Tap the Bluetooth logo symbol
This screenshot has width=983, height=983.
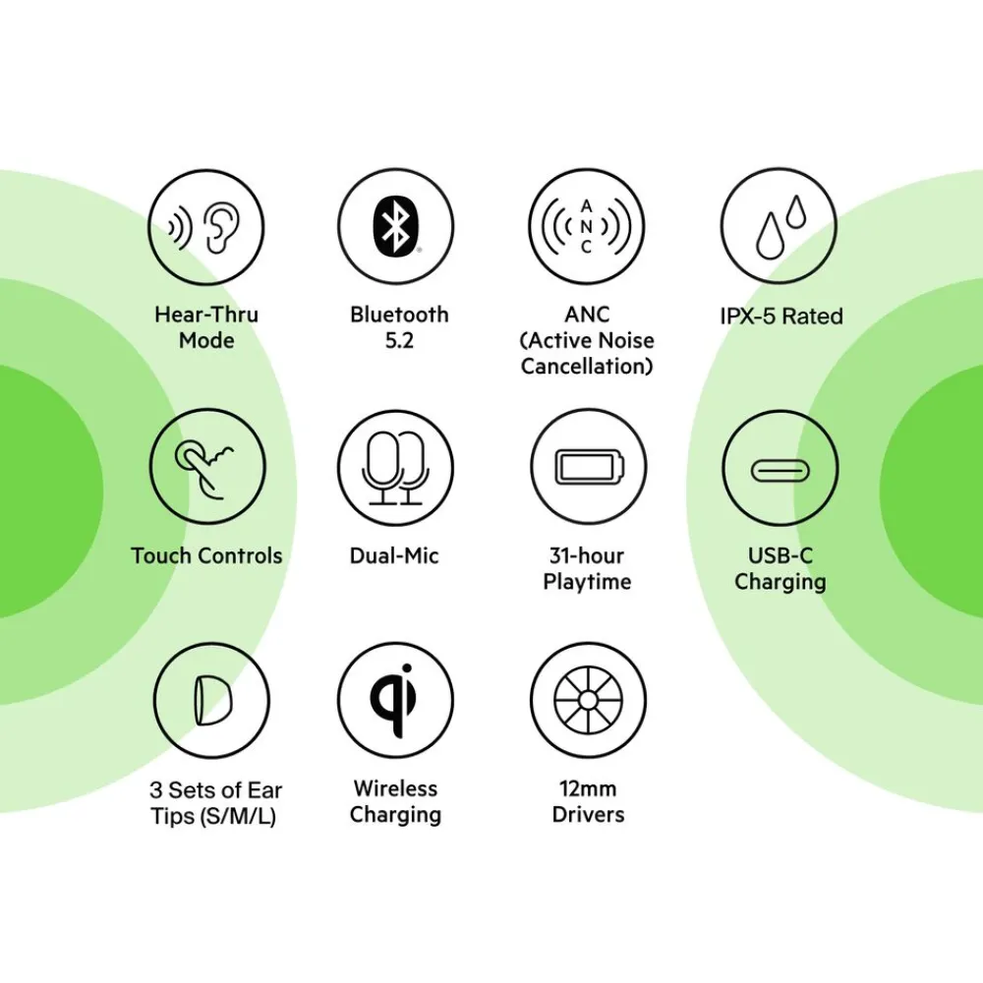click(395, 226)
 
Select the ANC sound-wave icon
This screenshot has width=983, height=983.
click(586, 226)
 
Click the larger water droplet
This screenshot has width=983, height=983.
click(770, 236)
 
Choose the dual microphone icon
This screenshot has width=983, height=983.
click(395, 468)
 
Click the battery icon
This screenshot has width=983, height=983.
click(589, 466)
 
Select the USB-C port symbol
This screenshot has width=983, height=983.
click(780, 470)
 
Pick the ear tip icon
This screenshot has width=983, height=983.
click(212, 700)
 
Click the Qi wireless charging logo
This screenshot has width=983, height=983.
click(394, 699)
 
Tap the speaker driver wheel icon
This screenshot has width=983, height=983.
click(588, 700)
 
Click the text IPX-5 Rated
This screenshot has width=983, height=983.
click(781, 316)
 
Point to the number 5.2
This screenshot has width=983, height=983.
click(399, 340)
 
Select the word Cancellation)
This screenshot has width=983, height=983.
click(587, 366)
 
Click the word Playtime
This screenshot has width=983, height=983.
click(588, 582)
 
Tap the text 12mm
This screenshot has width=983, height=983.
click(588, 788)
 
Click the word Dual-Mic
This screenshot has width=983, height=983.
click(394, 555)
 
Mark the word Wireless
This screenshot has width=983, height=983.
click(395, 788)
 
